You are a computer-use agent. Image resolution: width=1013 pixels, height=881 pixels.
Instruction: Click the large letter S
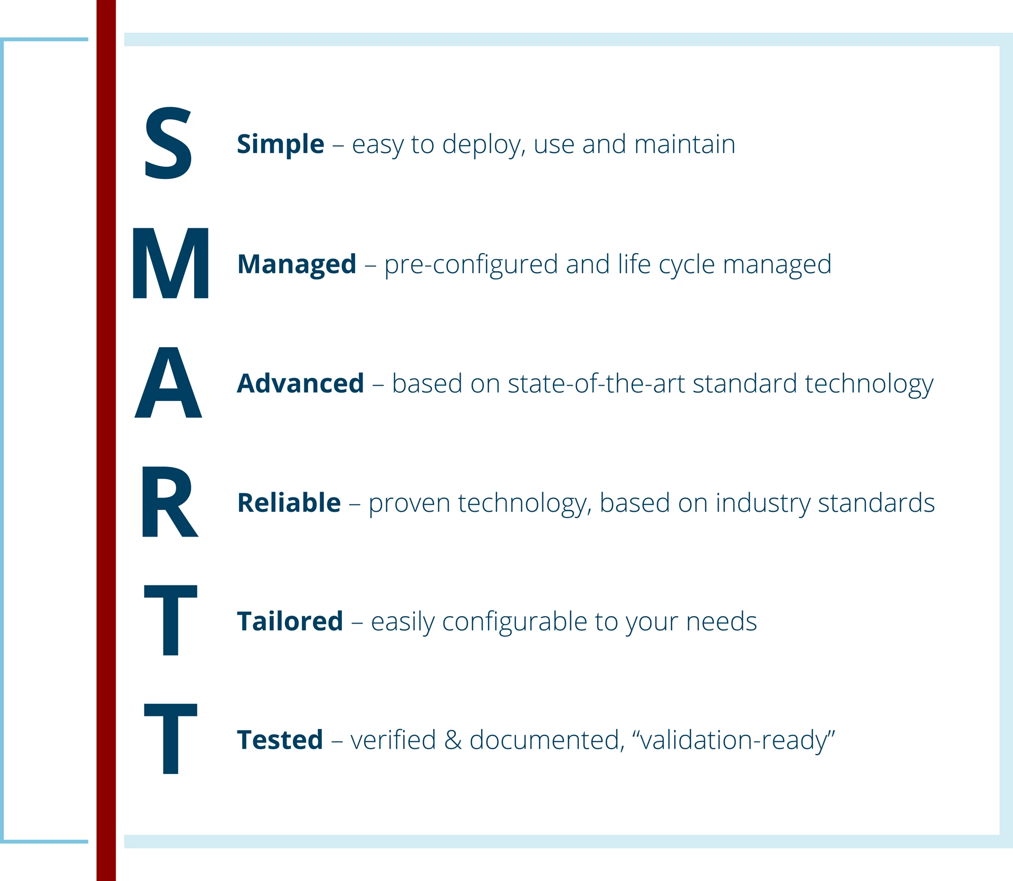[168, 142]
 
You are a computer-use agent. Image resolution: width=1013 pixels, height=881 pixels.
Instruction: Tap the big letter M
[170, 263]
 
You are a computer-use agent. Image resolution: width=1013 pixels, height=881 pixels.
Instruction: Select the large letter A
[168, 382]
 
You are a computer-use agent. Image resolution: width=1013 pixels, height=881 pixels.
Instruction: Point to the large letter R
[170, 502]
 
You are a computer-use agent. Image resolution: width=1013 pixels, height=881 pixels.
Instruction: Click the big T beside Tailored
[170, 620]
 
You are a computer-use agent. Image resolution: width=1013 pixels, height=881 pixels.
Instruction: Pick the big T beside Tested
[170, 739]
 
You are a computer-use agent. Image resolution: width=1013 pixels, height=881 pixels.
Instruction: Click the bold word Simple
[280, 145]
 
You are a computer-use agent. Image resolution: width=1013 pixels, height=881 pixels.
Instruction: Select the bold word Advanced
[300, 384]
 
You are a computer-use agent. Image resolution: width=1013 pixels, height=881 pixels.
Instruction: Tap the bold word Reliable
[289, 503]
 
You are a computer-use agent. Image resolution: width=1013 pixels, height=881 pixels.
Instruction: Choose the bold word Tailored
[290, 621]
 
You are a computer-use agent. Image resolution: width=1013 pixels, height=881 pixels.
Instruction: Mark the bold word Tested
[280, 740]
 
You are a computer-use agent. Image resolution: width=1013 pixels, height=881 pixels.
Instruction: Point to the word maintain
[685, 144]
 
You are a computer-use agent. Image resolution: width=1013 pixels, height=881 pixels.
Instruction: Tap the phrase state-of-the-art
[596, 384]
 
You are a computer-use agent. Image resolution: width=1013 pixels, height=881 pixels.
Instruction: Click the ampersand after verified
[453, 740]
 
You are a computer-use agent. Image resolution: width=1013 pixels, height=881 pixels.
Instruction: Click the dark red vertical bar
[106, 440]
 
